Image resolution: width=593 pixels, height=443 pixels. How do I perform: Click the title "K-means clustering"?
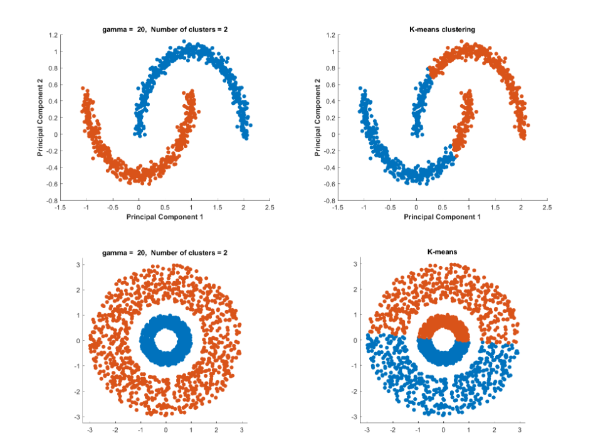point(442,29)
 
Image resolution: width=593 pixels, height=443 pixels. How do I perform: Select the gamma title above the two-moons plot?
point(164,29)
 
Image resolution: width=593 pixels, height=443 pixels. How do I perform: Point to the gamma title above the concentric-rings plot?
point(164,252)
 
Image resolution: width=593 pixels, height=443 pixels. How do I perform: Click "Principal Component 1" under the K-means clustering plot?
point(442,216)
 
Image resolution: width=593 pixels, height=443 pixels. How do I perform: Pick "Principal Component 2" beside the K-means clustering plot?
point(318,118)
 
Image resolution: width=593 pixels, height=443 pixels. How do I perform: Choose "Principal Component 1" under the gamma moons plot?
point(165,216)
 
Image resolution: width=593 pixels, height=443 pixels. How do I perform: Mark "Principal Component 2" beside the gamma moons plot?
point(41,118)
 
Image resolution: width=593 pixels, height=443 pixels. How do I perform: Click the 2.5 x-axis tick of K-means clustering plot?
point(547,207)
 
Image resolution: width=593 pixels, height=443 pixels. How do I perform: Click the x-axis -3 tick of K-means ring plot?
point(367,431)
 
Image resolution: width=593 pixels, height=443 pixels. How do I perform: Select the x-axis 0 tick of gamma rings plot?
point(165,431)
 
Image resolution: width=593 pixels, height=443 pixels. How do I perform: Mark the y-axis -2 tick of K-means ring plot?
point(355,391)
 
